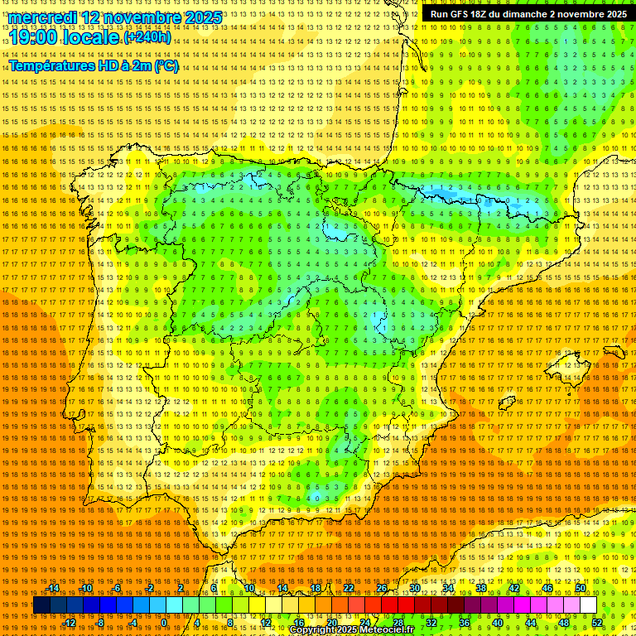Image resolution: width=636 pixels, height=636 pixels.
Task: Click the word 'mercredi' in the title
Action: (x=42, y=17)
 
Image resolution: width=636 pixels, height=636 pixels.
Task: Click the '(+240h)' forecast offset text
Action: (x=147, y=37)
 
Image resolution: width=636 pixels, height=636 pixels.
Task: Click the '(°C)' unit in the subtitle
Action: (x=166, y=65)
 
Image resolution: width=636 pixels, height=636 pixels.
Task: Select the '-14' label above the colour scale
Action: (x=54, y=589)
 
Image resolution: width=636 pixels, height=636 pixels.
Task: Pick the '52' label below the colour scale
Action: (x=597, y=623)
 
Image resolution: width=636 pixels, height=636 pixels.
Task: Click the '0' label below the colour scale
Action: (x=165, y=623)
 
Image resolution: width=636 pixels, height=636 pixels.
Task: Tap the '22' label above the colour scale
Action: (x=348, y=589)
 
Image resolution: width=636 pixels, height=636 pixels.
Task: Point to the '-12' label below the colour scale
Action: (x=70, y=623)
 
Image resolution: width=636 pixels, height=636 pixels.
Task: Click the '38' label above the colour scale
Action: (x=480, y=589)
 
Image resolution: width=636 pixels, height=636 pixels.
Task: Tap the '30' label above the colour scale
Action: (x=414, y=589)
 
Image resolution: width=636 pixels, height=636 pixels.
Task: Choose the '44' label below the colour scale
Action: (x=531, y=623)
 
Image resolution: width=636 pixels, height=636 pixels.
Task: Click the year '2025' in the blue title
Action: (x=202, y=17)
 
